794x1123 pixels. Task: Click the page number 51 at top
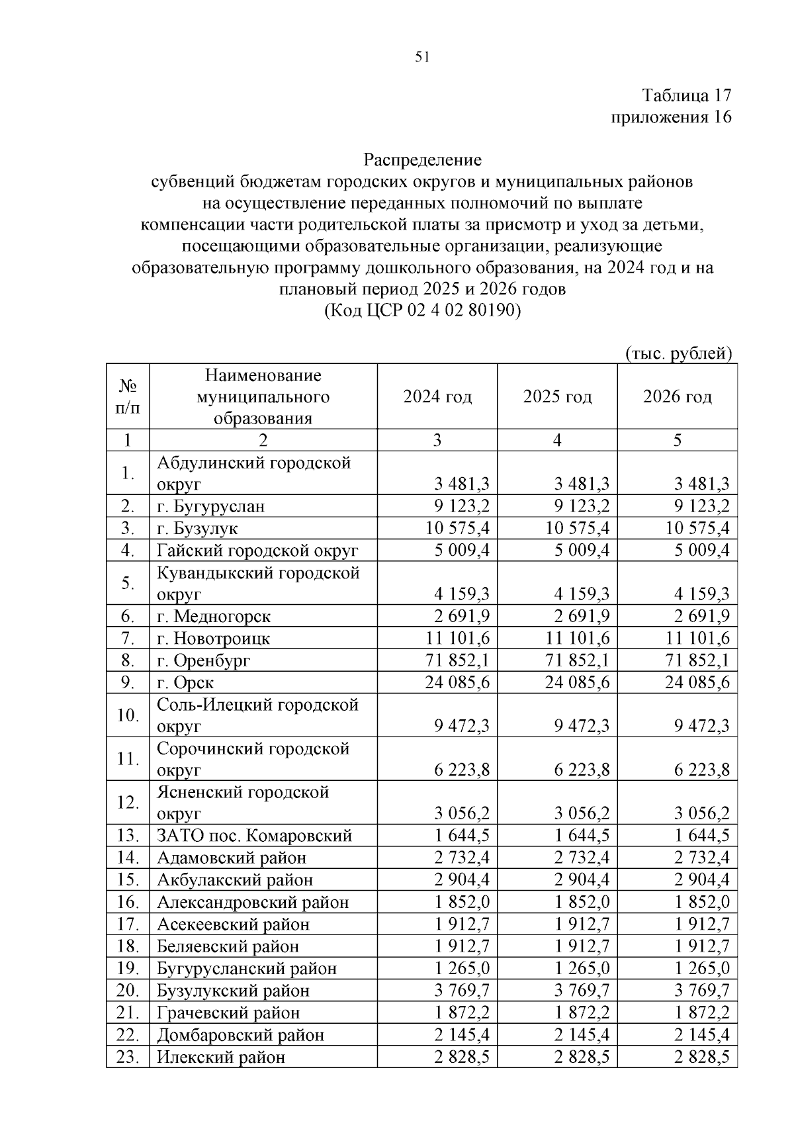pos(423,57)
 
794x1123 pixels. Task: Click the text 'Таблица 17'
pos(687,95)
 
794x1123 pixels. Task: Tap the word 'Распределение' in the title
pos(423,160)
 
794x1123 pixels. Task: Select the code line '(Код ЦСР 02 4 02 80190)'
pos(423,310)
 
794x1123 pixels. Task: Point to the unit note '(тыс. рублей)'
pos(678,353)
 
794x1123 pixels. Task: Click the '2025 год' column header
pos(557,397)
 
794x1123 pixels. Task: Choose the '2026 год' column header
pos(677,397)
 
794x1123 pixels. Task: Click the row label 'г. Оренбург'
pos(204,660)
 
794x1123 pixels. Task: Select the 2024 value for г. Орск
pos(457,682)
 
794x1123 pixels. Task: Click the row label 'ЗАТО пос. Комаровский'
pos(254,836)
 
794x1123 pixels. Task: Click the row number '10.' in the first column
pos(128,715)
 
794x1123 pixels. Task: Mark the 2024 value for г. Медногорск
pos(462,617)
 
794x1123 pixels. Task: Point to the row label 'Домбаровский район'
pos(240,1035)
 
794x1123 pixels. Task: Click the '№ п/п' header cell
pos(128,397)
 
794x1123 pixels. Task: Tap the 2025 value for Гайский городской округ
pos(582,551)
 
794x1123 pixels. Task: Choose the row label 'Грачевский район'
pos(228,1013)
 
